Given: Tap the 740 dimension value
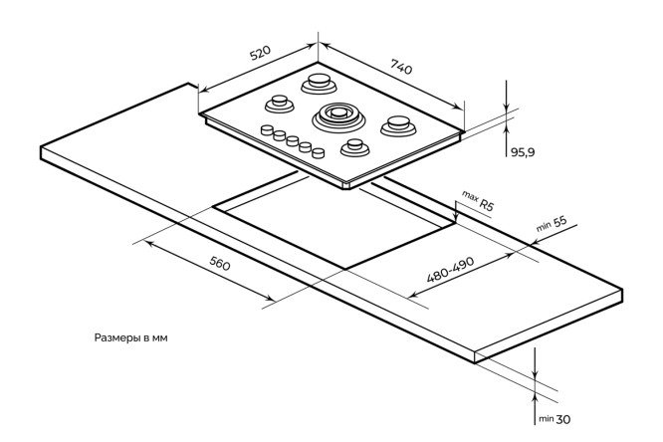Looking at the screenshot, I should point(400,69).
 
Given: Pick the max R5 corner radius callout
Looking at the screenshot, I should point(478,202).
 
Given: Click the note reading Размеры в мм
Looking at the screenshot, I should point(130,337).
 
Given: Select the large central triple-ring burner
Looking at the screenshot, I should point(334,117).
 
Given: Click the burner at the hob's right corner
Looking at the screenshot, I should point(399,125).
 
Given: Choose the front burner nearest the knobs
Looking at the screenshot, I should point(354,147).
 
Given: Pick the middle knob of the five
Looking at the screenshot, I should point(294,142).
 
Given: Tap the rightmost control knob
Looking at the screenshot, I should point(319,153).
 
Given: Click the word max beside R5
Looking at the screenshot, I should point(470,196).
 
